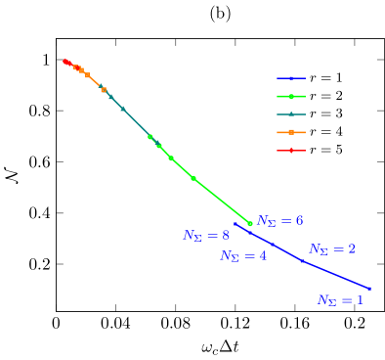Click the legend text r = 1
[x=325, y=77]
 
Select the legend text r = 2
[x=325, y=96]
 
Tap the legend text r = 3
[x=325, y=113]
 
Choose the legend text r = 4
[x=325, y=132]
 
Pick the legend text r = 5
[x=325, y=150]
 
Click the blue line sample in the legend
[x=291, y=78]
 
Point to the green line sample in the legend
[x=291, y=96]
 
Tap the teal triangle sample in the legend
[x=291, y=114]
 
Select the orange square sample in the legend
[x=291, y=132]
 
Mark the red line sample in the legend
[x=291, y=151]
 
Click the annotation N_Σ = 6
[x=279, y=221]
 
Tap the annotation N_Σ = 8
[x=206, y=236]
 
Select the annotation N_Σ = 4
[x=243, y=255]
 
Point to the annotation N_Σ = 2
[x=332, y=249]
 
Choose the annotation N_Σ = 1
[x=340, y=300]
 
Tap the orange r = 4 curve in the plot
[x=94, y=80]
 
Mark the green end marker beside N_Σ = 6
[x=250, y=223]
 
